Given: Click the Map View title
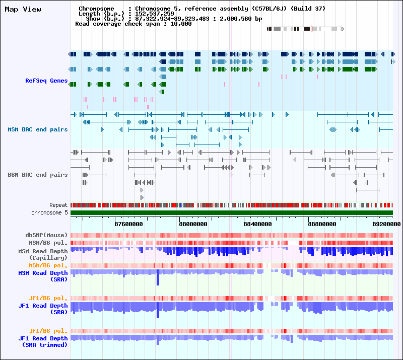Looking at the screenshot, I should tap(23, 10).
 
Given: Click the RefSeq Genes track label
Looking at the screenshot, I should tap(46, 81).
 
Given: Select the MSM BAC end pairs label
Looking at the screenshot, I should tap(37, 129).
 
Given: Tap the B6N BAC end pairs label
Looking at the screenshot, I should tap(37, 175).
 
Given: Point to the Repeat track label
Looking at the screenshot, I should tap(58, 205).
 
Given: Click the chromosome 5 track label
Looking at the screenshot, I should tap(49, 213).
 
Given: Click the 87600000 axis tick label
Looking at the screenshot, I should tap(129, 224).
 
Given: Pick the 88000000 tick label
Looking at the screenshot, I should tap(193, 224).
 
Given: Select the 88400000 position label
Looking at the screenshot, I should tap(258, 224).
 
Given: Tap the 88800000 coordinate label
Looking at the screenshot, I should tap(322, 224).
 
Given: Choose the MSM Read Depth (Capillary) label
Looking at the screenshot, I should tap(43, 254).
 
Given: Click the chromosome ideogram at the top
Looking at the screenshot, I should tap(305, 29).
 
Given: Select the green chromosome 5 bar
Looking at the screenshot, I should tap(232, 213).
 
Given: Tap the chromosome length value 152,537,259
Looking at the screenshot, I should tap(155, 14).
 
